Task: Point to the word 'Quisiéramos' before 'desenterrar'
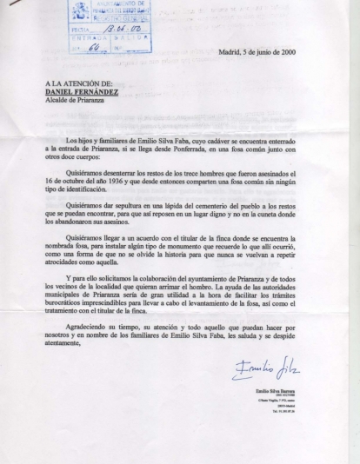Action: point(85,172)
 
